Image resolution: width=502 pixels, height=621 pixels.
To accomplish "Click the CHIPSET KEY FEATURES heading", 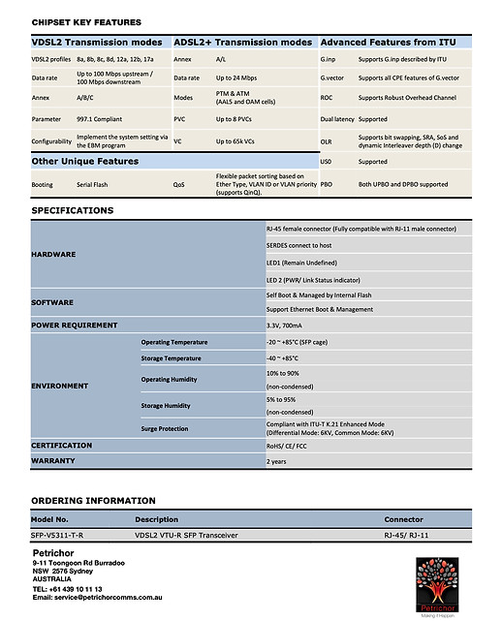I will (x=86, y=22).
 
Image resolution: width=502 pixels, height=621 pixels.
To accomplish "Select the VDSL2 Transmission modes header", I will (x=97, y=43).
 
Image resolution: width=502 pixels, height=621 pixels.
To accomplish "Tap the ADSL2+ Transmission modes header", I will (x=242, y=43).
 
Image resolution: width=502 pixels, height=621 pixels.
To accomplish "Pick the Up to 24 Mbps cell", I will (x=236, y=78).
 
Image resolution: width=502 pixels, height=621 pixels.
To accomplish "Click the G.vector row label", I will (x=333, y=78).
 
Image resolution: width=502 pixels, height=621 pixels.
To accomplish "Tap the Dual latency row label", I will (x=338, y=120).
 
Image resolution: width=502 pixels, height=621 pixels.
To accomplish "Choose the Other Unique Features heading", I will (x=85, y=162).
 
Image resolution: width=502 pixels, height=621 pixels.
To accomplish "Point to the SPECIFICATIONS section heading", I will (x=73, y=210).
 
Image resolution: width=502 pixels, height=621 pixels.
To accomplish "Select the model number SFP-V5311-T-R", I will (x=58, y=535).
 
